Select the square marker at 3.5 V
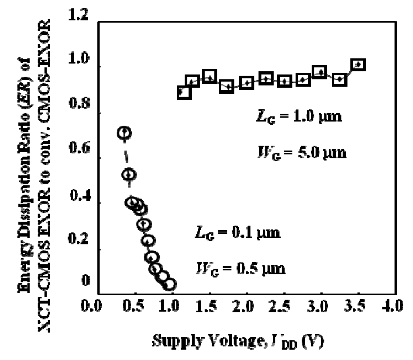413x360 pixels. click(358, 65)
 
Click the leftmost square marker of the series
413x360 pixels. click(184, 92)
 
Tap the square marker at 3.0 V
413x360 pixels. click(320, 73)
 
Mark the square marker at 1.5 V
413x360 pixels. click(209, 77)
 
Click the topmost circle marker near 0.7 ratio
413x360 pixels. click(125, 133)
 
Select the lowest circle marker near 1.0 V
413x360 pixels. click(169, 284)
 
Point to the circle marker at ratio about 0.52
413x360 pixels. click(129, 174)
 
